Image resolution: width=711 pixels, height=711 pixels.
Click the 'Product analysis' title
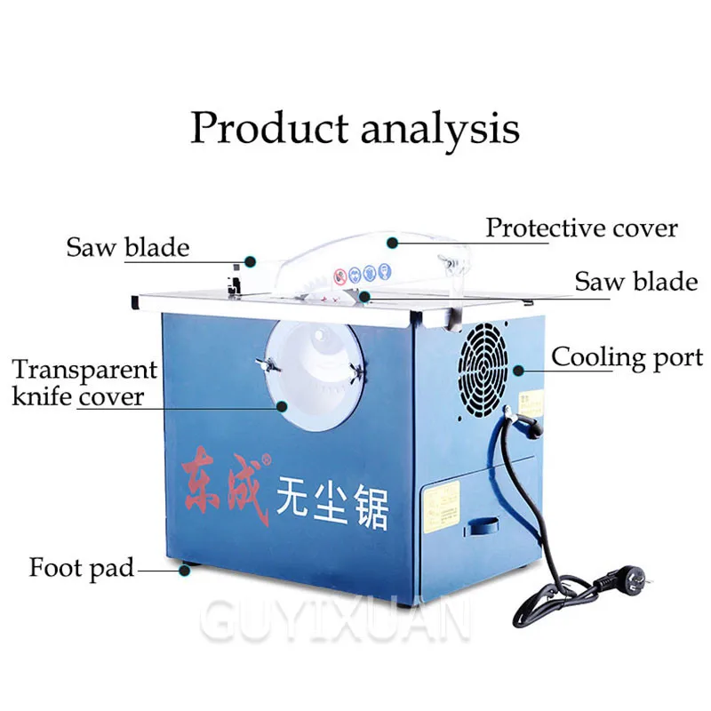click(354, 126)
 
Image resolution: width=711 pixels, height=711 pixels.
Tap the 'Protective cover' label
click(581, 228)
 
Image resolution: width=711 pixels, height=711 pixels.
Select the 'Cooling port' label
click(627, 357)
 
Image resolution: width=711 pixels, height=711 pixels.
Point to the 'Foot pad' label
click(81, 567)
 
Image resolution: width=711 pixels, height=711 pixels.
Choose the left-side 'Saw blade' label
click(127, 247)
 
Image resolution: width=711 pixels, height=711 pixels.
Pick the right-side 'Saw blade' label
click(635, 282)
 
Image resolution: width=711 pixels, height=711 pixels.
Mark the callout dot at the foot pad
click(185, 568)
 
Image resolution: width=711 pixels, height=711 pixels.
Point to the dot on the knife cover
click(282, 406)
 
